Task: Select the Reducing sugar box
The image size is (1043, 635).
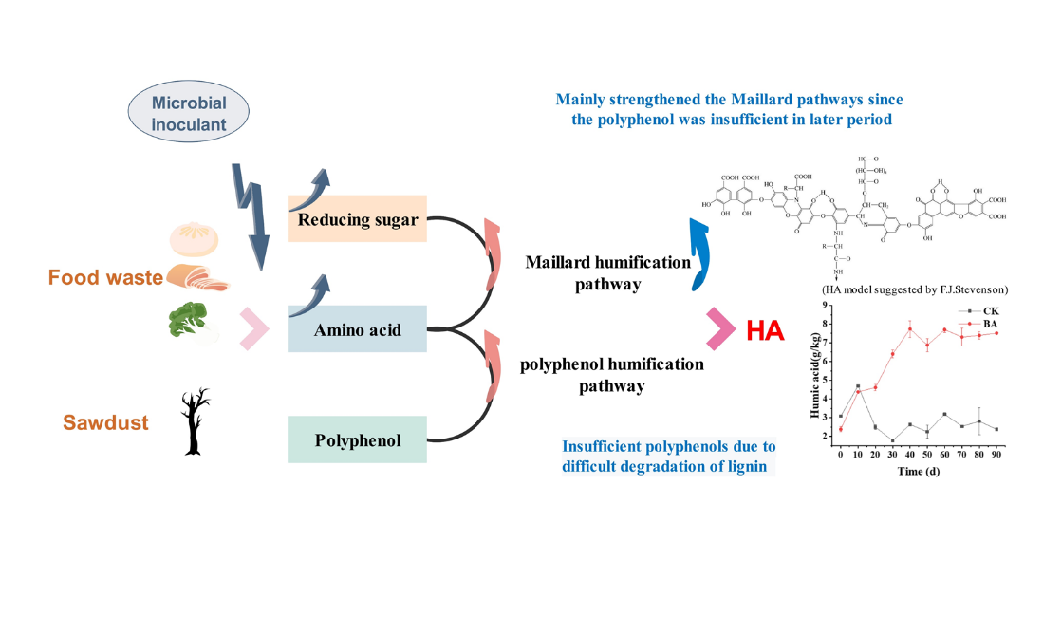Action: (x=358, y=220)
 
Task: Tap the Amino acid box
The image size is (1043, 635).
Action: (x=358, y=330)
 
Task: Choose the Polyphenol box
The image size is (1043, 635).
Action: (x=358, y=440)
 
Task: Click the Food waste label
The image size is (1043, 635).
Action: (x=106, y=278)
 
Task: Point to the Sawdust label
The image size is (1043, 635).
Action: (x=106, y=422)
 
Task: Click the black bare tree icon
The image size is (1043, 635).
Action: (x=196, y=421)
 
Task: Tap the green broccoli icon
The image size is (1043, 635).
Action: (x=187, y=320)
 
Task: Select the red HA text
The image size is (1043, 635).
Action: (x=765, y=330)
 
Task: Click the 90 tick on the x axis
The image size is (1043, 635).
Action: (x=996, y=457)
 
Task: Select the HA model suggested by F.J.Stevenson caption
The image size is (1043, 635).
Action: (x=914, y=289)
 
